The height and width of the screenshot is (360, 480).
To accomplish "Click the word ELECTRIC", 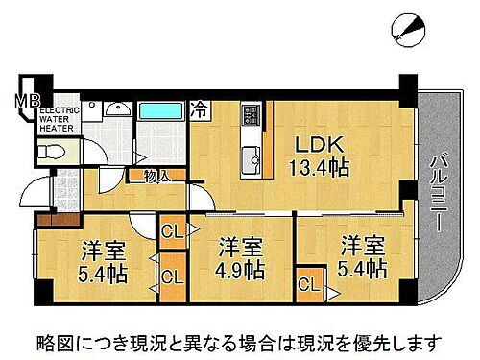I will coord(60,112).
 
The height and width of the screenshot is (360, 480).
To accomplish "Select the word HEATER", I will coord(56,130).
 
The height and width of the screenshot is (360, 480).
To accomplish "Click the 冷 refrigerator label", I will coord(199,108).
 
